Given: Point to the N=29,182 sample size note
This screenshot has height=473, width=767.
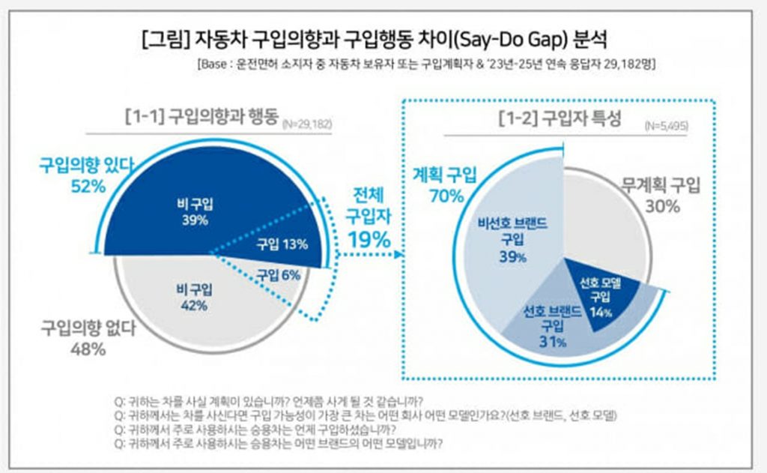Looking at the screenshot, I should point(308,121).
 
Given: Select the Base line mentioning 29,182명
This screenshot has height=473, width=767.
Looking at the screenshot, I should point(426,64).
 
